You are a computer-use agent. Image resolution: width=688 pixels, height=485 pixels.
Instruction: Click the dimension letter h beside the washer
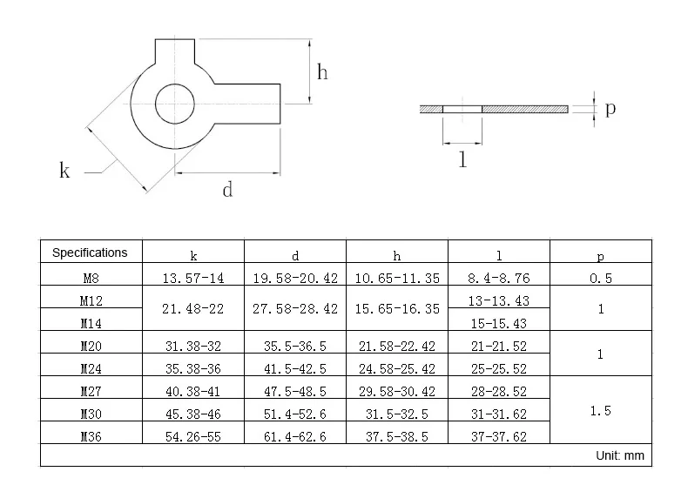tap(322, 72)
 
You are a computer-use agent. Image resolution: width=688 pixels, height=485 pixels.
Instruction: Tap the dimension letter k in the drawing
tap(64, 170)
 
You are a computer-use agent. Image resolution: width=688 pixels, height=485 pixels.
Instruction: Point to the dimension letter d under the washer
tap(227, 190)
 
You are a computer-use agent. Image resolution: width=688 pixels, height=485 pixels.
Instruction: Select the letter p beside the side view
tap(610, 109)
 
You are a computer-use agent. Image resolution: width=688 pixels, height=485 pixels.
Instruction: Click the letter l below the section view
tap(462, 159)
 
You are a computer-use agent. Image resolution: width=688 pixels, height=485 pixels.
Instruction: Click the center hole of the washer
tap(175, 104)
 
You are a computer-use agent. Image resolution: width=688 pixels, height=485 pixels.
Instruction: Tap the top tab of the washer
tap(175, 51)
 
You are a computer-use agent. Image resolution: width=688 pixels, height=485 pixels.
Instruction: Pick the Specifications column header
tap(90, 253)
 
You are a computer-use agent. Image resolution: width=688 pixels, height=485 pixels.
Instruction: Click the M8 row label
tap(91, 278)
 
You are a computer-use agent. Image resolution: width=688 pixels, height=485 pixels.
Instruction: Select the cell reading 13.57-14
tap(193, 278)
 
